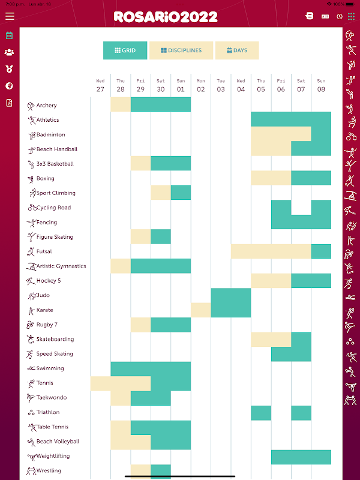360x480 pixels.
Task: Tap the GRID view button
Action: (x=125, y=50)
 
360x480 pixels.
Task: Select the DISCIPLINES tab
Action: (x=181, y=50)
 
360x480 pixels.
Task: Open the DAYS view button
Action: (x=237, y=50)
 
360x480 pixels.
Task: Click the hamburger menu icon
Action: (x=10, y=16)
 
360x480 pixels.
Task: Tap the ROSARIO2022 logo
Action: (x=166, y=17)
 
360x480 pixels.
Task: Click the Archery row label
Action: (x=47, y=106)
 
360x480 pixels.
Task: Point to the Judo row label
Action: (x=43, y=295)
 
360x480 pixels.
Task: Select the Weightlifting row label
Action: (x=53, y=456)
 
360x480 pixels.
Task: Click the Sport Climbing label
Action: (x=56, y=193)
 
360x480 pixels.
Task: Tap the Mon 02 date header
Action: (x=201, y=86)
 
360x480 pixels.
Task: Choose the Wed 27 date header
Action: (x=100, y=86)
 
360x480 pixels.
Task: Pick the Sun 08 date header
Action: (x=321, y=86)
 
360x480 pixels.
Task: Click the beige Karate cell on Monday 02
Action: (x=201, y=310)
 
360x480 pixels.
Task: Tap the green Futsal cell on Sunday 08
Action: (x=321, y=251)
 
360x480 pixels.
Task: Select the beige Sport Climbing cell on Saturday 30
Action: (x=161, y=193)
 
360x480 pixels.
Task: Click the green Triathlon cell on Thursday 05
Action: (x=261, y=413)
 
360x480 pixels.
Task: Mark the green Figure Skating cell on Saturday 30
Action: (x=161, y=236)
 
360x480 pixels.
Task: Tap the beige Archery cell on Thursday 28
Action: (x=121, y=104)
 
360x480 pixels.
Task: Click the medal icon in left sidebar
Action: (x=9, y=69)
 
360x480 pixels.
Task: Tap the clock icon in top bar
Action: (x=340, y=17)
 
